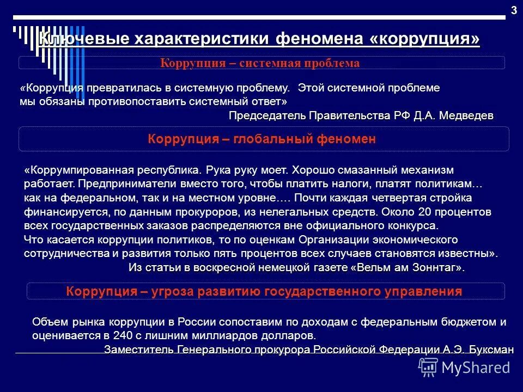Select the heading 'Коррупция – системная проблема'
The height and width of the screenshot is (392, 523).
tap(260, 63)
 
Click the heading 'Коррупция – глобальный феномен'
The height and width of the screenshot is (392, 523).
tap(262, 139)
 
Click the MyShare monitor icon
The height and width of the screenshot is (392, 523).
tap(428, 367)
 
